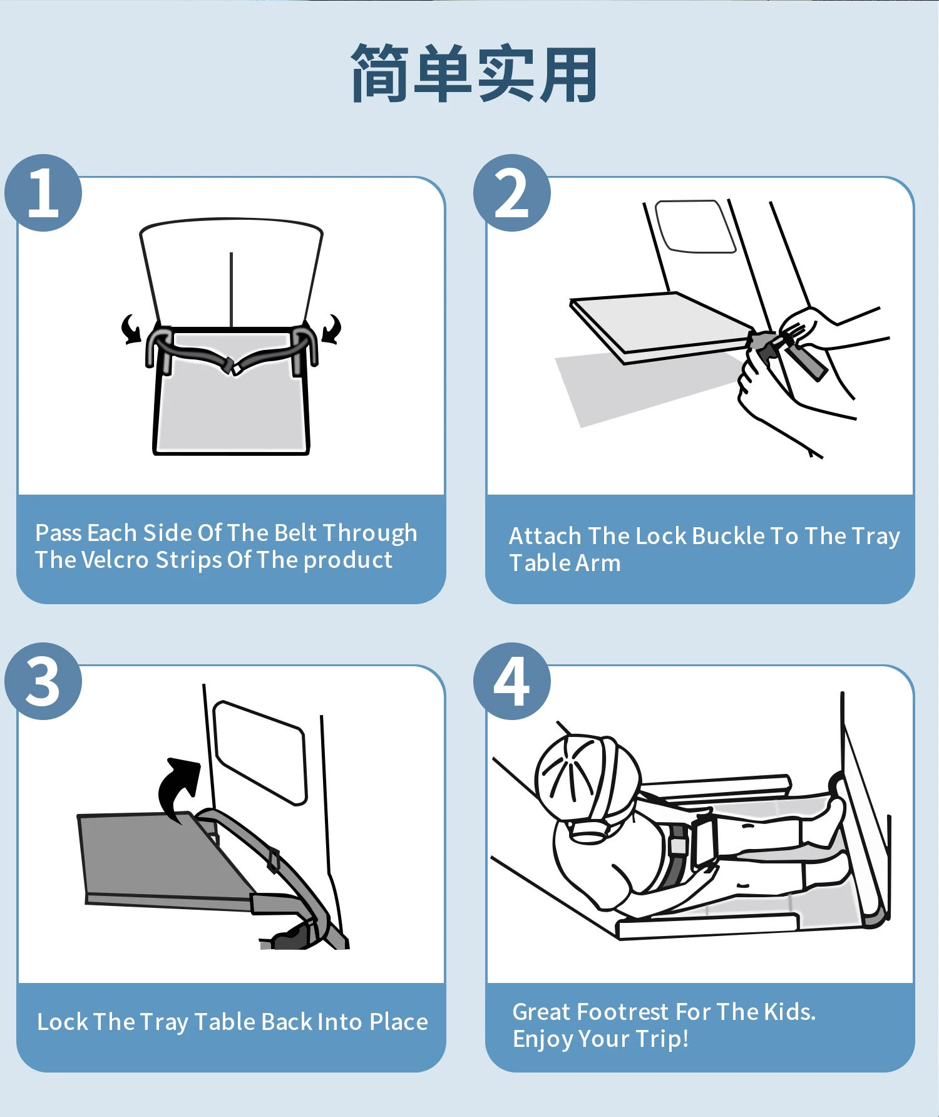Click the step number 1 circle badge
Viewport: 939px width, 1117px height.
point(43,193)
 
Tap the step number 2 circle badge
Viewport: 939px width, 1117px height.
point(512,193)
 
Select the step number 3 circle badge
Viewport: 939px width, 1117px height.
point(43,681)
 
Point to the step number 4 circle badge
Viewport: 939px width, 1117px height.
point(512,681)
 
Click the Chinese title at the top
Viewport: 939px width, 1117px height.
point(474,74)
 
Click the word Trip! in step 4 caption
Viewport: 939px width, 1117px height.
point(662,1039)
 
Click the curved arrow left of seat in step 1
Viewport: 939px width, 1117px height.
point(131,329)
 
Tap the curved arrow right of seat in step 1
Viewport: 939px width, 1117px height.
point(332,329)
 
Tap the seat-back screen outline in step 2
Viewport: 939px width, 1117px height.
point(695,227)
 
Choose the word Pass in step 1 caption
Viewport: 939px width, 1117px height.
point(59,533)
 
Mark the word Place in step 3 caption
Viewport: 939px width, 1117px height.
point(399,1022)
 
